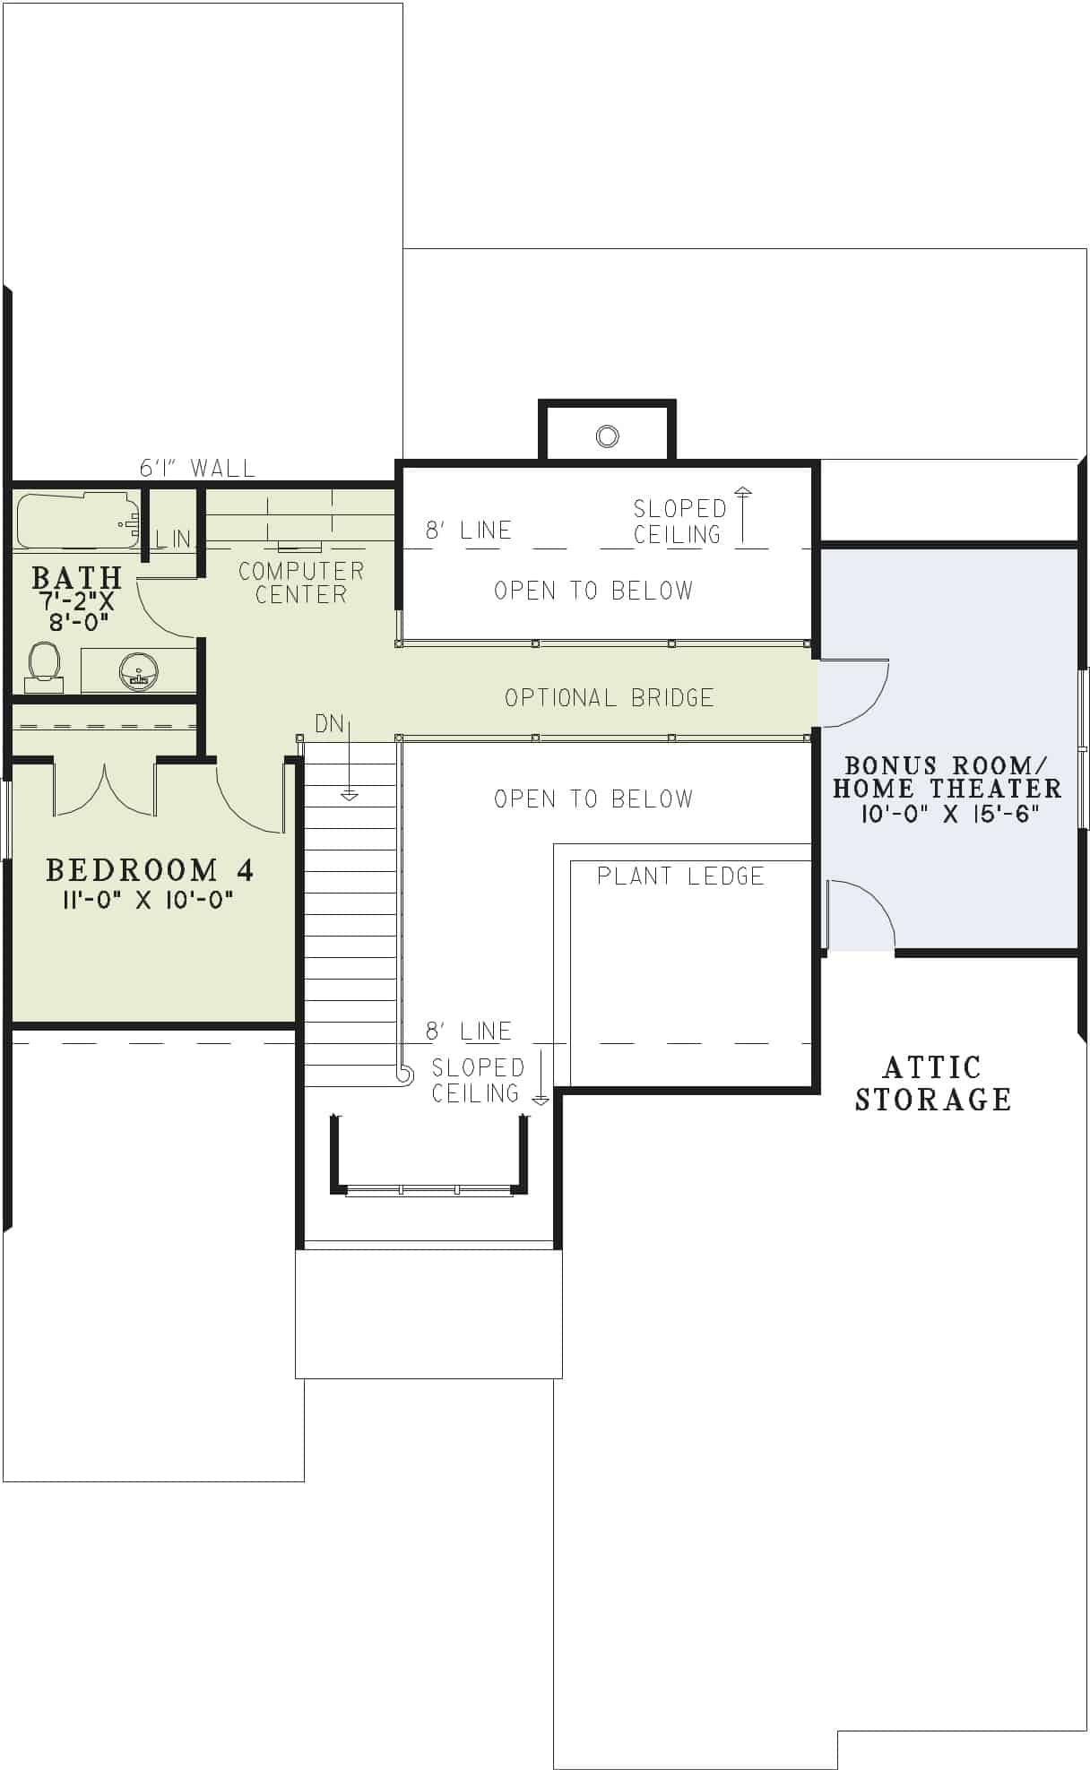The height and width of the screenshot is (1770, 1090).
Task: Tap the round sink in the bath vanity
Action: [x=139, y=670]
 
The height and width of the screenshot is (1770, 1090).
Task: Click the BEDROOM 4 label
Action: [x=150, y=869]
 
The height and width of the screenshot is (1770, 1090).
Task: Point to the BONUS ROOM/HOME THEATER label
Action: [x=947, y=777]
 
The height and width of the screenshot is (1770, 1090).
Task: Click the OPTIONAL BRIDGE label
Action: [x=610, y=697]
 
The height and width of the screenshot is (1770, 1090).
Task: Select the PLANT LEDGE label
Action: [x=680, y=876]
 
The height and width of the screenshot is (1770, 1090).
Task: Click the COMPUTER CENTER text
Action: [x=301, y=583]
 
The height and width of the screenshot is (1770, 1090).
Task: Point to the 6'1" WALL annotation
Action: [x=197, y=468]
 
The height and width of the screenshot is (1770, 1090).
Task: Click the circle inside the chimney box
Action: [x=607, y=436]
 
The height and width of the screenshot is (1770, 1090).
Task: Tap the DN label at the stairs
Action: [x=329, y=723]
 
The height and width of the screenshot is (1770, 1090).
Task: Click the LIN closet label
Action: [x=173, y=539]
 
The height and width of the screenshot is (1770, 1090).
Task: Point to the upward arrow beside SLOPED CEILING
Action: [x=742, y=515]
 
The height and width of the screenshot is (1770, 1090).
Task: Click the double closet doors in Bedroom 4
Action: [x=105, y=789]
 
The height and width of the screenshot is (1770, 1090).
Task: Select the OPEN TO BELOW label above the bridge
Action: [x=593, y=590]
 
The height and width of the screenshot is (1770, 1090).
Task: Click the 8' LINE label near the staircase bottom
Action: [x=469, y=1031]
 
